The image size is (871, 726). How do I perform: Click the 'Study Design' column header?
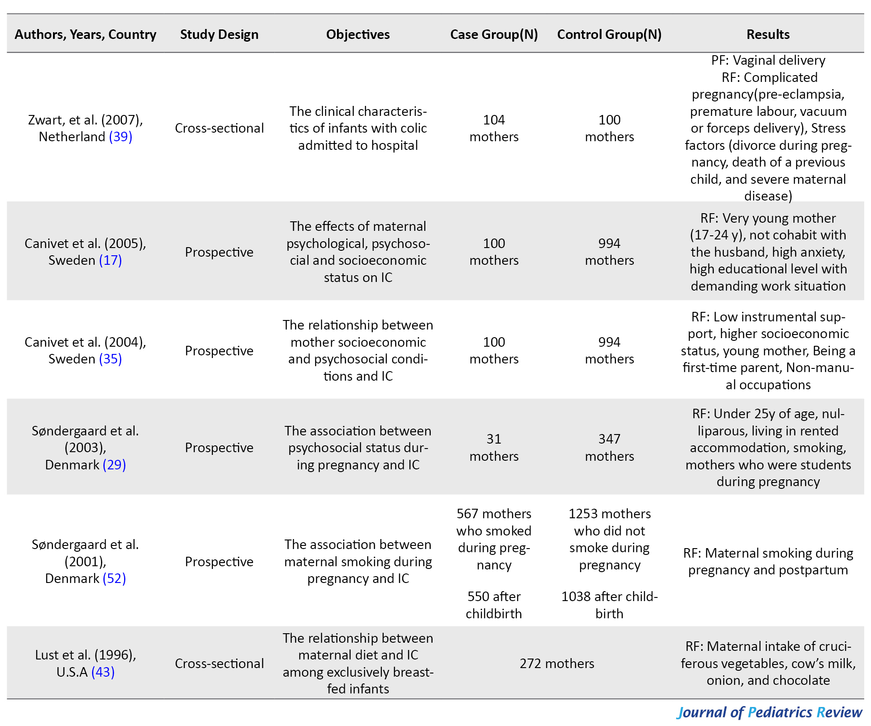(x=219, y=34)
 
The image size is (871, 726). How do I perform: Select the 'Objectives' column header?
(x=358, y=34)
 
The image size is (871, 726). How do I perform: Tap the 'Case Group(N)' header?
(x=494, y=34)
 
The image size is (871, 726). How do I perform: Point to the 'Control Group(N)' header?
(x=609, y=34)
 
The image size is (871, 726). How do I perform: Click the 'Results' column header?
(x=768, y=34)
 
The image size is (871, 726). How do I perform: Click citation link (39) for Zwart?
(x=120, y=137)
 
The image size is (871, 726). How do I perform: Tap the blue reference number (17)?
(x=111, y=260)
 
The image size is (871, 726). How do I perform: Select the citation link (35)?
(x=111, y=359)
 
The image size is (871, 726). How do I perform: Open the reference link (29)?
(x=114, y=465)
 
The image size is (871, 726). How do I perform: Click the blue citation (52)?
(x=114, y=578)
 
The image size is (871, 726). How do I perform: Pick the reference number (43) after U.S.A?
(x=103, y=672)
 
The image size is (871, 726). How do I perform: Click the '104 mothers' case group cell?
(x=494, y=128)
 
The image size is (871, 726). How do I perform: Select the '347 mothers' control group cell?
(x=609, y=447)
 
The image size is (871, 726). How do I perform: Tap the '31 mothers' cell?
(x=494, y=447)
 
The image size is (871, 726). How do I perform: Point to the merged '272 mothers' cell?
(x=557, y=664)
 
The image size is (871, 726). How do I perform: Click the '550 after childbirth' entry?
(x=494, y=605)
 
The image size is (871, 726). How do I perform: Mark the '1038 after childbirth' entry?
(x=609, y=605)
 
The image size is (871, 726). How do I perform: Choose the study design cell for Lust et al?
(x=219, y=664)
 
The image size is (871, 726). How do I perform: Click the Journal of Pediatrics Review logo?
(x=769, y=712)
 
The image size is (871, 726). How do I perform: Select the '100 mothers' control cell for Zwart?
(x=609, y=128)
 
